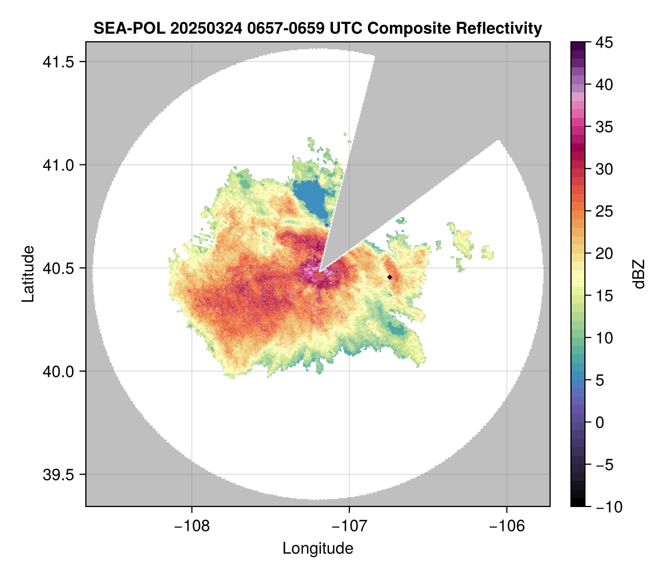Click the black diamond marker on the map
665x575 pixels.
coord(390,277)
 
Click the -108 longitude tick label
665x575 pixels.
coord(191,526)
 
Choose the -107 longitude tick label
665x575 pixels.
coord(349,526)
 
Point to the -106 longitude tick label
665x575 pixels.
coord(507,526)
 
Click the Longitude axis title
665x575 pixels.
coord(318,548)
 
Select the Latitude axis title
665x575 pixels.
coord(27,274)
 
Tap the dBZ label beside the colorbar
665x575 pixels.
coord(639,274)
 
